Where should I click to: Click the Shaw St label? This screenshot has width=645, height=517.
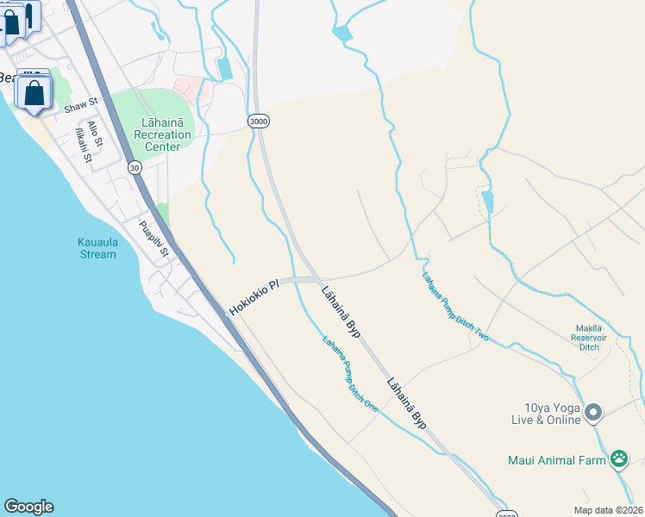click(81, 109)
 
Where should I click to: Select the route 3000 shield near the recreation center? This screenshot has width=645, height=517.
click(258, 121)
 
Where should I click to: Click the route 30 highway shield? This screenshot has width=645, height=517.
click(135, 167)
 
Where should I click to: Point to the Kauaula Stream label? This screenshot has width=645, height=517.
click(91, 248)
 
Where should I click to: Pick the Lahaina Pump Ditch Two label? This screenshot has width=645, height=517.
click(455, 307)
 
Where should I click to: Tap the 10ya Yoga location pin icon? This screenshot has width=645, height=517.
click(592, 414)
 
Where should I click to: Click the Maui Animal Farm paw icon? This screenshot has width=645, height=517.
click(618, 459)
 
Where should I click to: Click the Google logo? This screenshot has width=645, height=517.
click(28, 507)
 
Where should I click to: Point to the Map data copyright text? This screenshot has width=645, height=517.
click(608, 509)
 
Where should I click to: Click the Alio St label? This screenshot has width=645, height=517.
click(95, 134)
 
